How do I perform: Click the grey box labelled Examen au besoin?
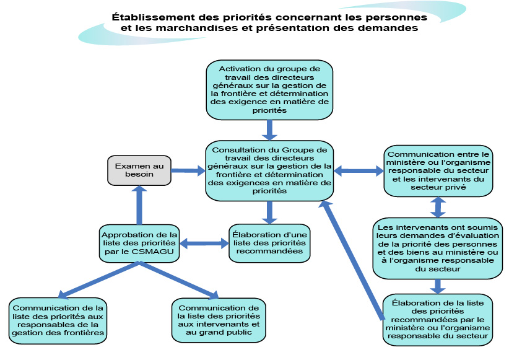[139, 170]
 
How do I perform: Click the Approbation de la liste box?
[139, 243]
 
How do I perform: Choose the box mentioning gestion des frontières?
[58, 320]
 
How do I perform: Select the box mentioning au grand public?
[218, 320]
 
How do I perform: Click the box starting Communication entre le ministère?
[438, 170]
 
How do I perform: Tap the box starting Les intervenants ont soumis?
[438, 247]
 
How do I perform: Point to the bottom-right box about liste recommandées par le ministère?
[438, 319]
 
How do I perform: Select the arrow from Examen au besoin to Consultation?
[188, 170]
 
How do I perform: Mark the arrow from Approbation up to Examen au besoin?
[139, 205]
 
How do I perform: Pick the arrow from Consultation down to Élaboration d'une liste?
[269, 211]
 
